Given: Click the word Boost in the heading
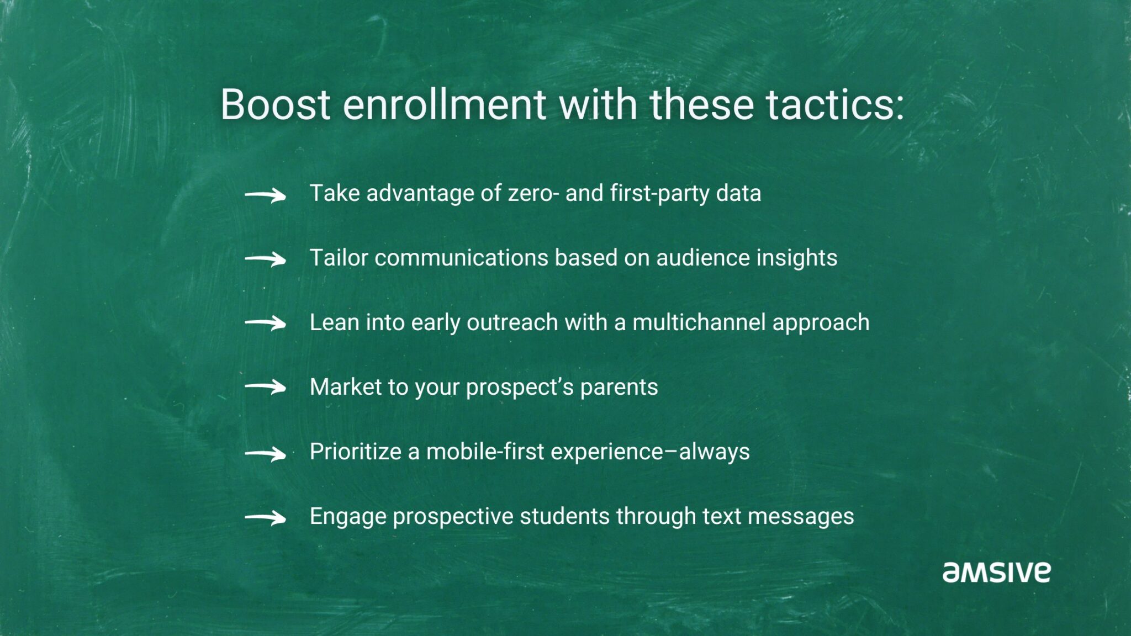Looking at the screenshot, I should click(x=275, y=104).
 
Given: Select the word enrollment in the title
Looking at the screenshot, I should click(x=445, y=104).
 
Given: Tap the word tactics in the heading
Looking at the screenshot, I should click(x=834, y=104).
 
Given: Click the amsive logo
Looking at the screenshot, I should click(x=996, y=572).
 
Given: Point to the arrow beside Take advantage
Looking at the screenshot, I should click(x=266, y=195).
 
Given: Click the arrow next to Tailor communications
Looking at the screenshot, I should click(x=266, y=259).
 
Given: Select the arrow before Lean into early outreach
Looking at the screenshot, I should click(x=266, y=324).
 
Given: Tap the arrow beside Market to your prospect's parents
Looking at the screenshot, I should click(x=266, y=388).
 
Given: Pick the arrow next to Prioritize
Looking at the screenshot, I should click(x=266, y=453).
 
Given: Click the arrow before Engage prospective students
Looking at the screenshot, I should click(x=266, y=518).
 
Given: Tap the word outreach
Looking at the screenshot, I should click(x=512, y=322).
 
